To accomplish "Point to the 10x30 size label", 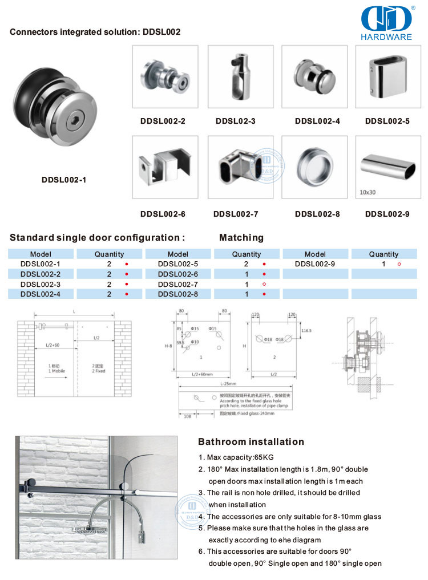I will pyautogui.click(x=369, y=192).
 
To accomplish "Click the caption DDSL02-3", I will pyautogui.click(x=235, y=121).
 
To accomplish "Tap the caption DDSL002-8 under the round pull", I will pyautogui.click(x=317, y=214).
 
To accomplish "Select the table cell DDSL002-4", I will pyautogui.click(x=40, y=294).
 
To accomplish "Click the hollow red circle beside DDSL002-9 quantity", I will pyautogui.click(x=399, y=265).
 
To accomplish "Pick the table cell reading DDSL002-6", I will pyautogui.click(x=177, y=274).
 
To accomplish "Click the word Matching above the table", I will pyautogui.click(x=241, y=237).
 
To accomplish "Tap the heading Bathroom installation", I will pyautogui.click(x=251, y=441).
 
